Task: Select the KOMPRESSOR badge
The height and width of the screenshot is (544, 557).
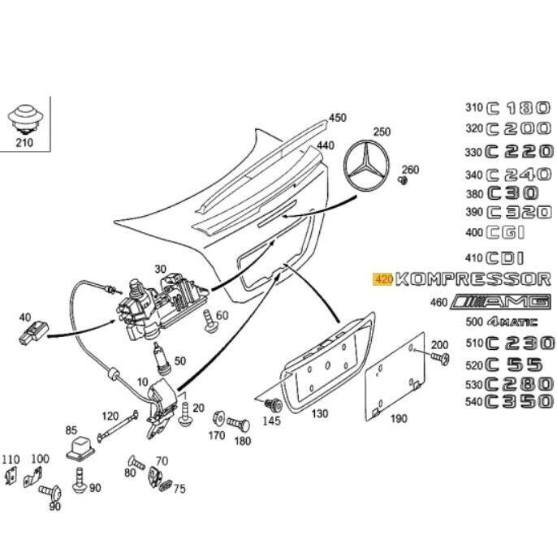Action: [x=473, y=279]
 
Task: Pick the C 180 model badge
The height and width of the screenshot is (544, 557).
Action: [x=518, y=107]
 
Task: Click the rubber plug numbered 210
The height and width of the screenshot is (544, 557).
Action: [x=25, y=119]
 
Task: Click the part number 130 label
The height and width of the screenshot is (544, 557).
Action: [x=320, y=414]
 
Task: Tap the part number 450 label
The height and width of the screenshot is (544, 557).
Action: [x=337, y=119]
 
